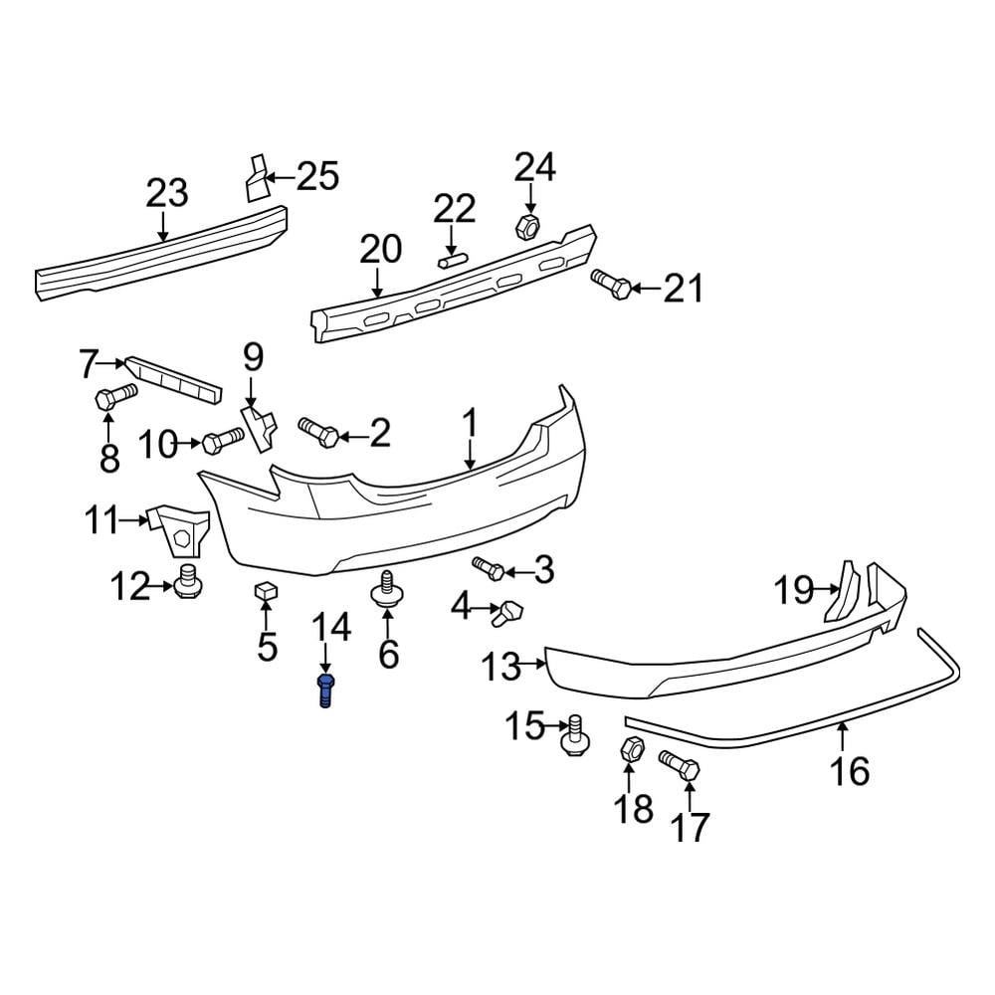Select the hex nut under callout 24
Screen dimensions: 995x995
click(528, 226)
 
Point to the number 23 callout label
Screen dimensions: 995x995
click(166, 193)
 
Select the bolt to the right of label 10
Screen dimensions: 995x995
click(223, 439)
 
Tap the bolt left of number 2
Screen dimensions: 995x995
click(318, 431)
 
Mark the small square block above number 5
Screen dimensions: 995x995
click(265, 592)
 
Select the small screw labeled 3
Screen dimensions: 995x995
click(488, 568)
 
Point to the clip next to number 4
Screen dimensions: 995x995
click(507, 610)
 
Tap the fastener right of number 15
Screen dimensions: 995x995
click(574, 735)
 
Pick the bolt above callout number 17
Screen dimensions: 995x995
click(680, 766)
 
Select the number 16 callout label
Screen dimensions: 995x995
click(850, 770)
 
